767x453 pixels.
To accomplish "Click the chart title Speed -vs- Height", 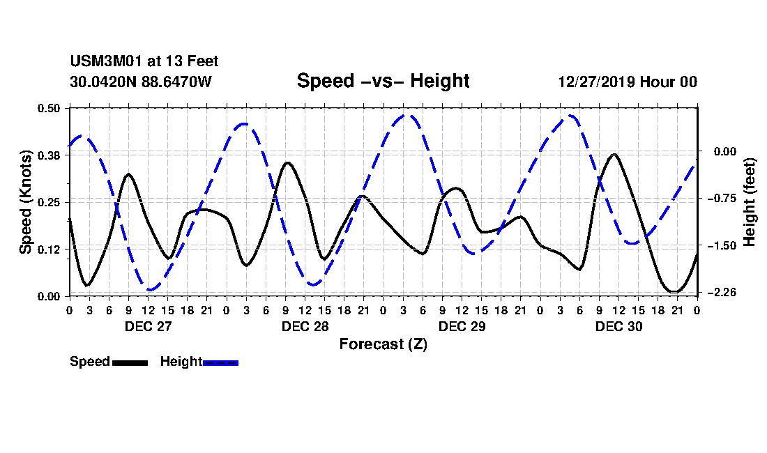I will click(x=383, y=81).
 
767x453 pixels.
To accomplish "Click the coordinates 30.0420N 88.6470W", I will click(x=140, y=82).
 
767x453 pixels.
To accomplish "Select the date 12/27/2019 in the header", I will click(x=595, y=82).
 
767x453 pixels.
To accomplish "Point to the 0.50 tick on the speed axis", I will click(x=50, y=108).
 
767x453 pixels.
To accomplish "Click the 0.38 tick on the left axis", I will click(x=50, y=155).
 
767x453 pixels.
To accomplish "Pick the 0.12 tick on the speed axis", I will click(x=50, y=249).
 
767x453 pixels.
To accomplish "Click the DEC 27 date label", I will click(x=148, y=326).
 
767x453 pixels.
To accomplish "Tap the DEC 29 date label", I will click(x=462, y=326).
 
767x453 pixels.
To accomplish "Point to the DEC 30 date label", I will click(x=618, y=326).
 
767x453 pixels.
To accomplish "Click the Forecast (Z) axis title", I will click(x=383, y=344).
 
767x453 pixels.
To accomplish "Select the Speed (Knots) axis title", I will click(x=26, y=201).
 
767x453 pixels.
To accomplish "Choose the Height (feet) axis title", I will click(x=750, y=201).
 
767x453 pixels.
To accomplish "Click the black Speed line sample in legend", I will click(x=130, y=362).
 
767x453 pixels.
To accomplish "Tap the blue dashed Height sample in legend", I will click(x=220, y=362).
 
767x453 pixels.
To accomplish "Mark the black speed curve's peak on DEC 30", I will click(x=614, y=155).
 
